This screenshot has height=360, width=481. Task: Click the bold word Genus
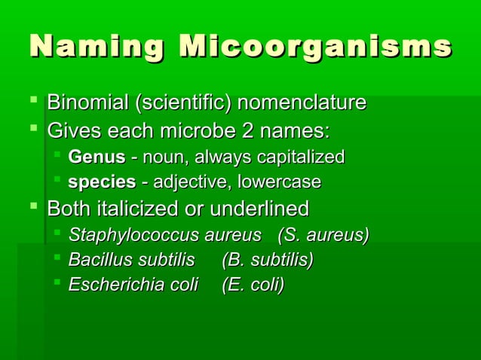[x=96, y=158]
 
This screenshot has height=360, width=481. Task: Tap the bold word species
[x=97, y=183]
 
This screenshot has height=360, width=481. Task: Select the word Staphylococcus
[x=133, y=236]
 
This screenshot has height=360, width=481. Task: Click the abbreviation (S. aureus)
[x=323, y=236]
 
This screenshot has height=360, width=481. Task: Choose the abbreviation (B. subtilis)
[x=268, y=261]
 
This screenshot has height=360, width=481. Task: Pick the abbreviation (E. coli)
[x=253, y=285]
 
